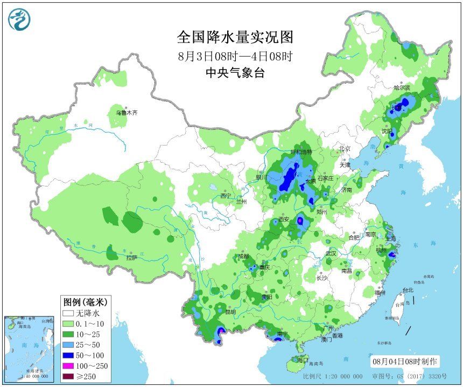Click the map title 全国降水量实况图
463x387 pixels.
tap(235, 37)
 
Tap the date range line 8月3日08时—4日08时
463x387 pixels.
tap(235, 56)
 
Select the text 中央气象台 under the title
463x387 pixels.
tap(235, 74)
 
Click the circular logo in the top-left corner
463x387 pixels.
tap(19, 19)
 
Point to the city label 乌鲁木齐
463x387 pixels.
tap(127, 113)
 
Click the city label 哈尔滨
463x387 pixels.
tap(402, 87)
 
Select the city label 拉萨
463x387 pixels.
tap(132, 258)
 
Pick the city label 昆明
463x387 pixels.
tap(230, 312)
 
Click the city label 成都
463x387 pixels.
tap(243, 256)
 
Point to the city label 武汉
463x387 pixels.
tap(331, 253)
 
